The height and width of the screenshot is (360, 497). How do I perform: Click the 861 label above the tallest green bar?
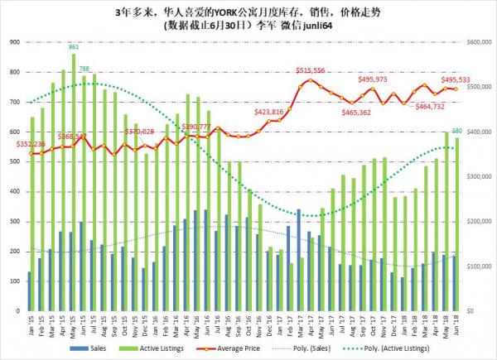(x=73, y=47)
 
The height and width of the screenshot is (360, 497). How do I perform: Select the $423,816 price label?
(x=269, y=111)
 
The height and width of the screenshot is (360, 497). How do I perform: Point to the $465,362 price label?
(x=362, y=111)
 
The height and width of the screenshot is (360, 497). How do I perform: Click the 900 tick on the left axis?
(x=14, y=42)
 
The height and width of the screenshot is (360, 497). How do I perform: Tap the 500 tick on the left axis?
(x=14, y=161)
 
